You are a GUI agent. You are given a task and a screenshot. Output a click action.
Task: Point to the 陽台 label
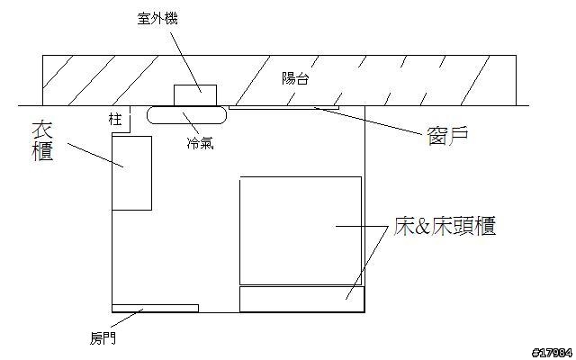click(x=294, y=79)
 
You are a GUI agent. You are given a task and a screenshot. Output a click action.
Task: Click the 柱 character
click(x=113, y=118)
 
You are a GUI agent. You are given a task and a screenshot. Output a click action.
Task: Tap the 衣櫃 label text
click(x=40, y=142)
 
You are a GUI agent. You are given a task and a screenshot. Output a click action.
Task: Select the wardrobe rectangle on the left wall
click(x=131, y=173)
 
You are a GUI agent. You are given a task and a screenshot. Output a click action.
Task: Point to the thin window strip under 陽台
click(x=283, y=107)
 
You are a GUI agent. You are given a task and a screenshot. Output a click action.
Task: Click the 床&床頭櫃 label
click(x=444, y=227)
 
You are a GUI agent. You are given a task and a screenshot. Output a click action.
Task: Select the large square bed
click(x=301, y=230)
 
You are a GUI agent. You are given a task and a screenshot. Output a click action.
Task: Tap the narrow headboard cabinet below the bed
click(x=301, y=298)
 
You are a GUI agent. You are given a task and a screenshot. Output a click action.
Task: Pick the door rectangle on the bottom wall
click(x=155, y=308)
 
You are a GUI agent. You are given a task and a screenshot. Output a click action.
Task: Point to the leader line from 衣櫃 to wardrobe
click(x=94, y=154)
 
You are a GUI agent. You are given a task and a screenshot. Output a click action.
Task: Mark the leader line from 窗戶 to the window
click(x=369, y=120)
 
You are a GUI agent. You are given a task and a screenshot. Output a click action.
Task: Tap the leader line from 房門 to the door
click(x=126, y=319)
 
